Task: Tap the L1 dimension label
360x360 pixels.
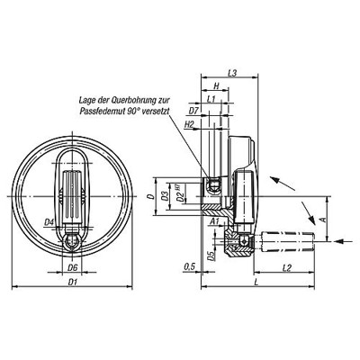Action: [211, 98]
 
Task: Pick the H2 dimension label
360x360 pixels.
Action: [190, 123]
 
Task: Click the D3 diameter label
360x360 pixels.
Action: [164, 194]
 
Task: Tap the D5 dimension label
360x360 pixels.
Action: [211, 255]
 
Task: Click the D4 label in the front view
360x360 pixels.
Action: [50, 221]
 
